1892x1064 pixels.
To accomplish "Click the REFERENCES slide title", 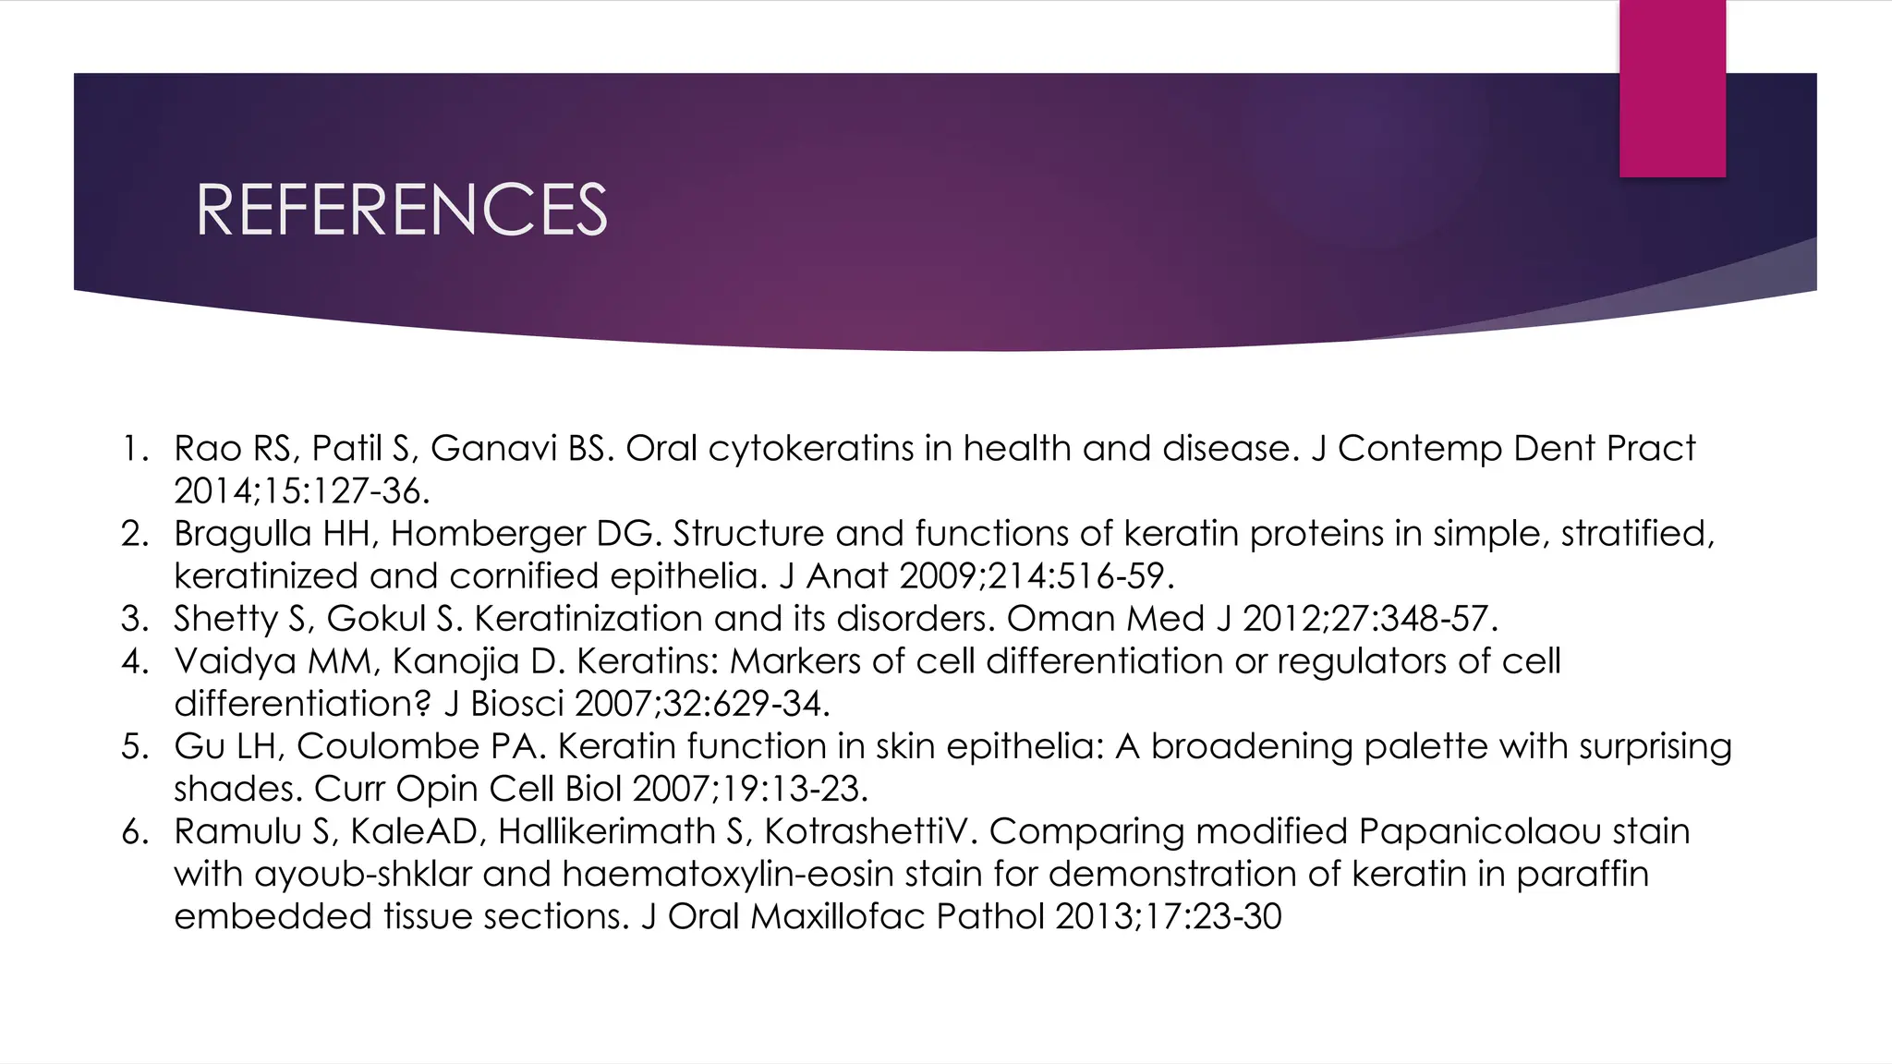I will tap(401, 210).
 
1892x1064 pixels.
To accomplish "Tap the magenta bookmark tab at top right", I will tap(1672, 89).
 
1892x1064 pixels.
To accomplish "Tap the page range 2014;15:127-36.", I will tap(302, 491).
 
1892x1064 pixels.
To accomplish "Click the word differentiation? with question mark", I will tap(303, 704).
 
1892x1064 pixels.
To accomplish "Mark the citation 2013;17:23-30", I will tap(1168, 916).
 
